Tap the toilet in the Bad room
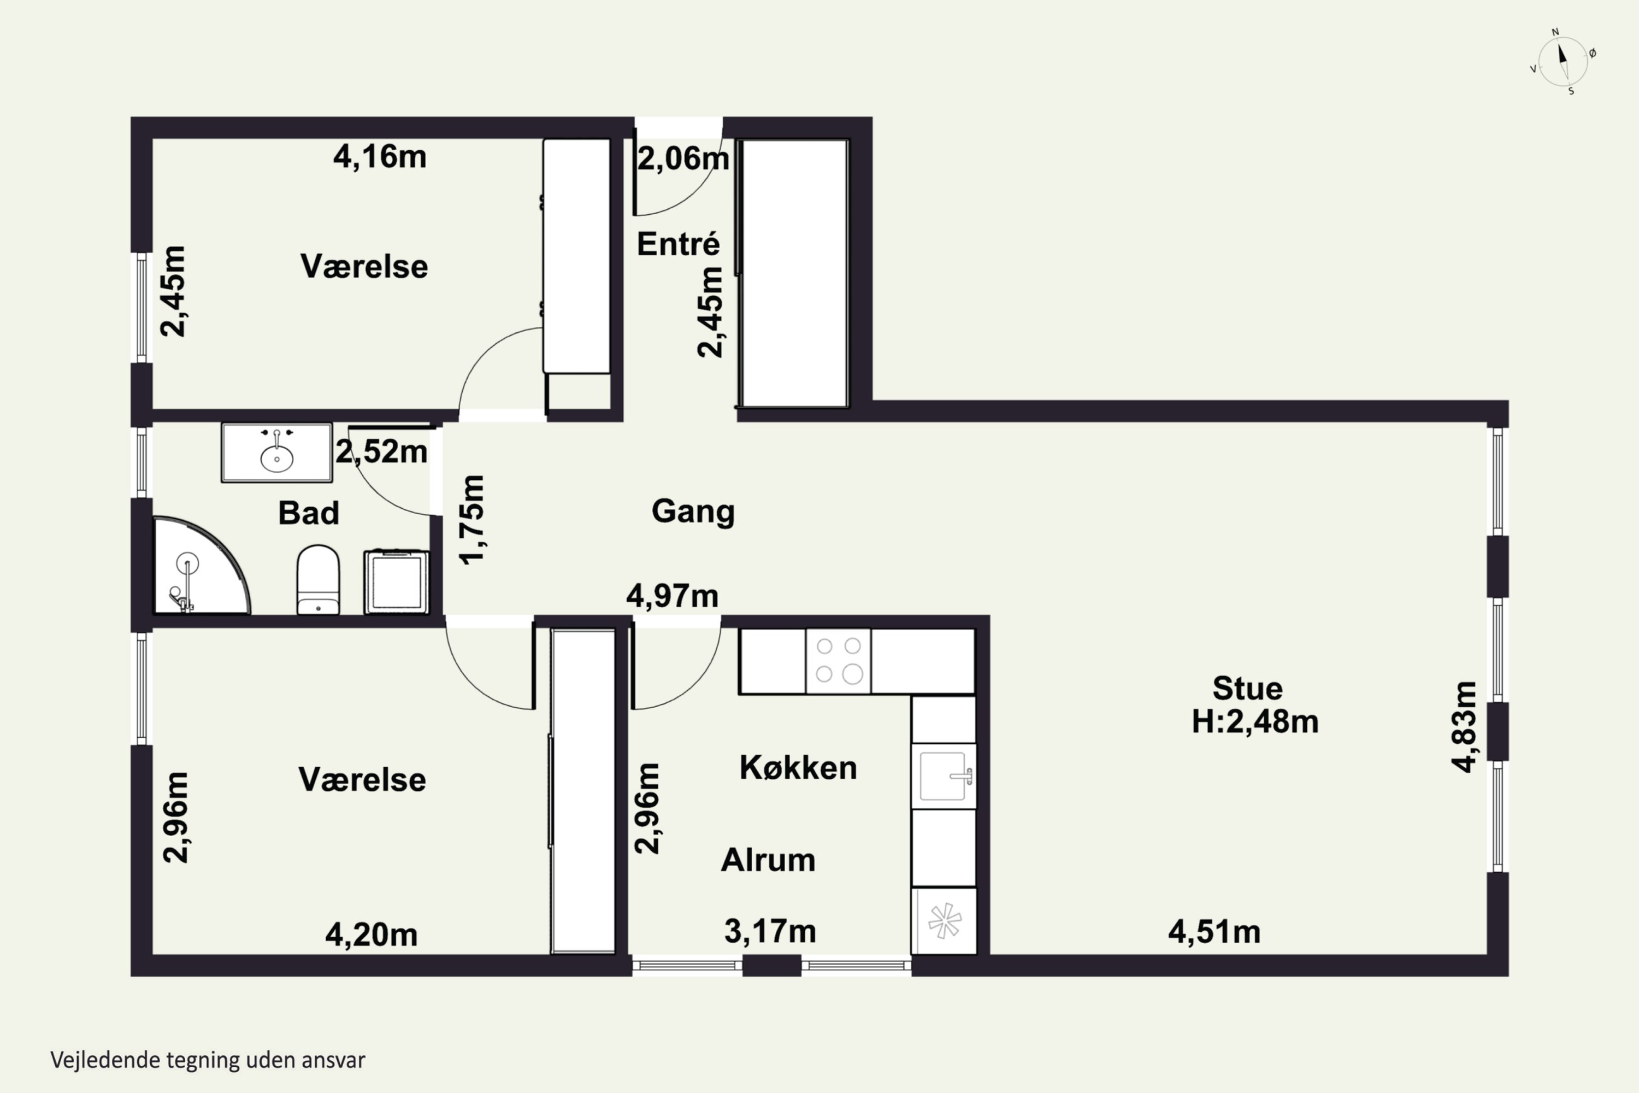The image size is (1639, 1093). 319,580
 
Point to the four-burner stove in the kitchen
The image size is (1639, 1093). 838,661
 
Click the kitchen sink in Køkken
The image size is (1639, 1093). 944,776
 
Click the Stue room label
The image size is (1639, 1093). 1247,689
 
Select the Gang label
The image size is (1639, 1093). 693,512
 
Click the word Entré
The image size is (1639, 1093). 678,243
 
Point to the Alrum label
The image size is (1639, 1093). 768,860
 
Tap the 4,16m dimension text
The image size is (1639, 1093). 380,157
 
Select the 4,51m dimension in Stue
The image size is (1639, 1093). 1214,932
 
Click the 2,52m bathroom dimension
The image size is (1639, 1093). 381,452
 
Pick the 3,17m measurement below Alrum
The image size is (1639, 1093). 770,931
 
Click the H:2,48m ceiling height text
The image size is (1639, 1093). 1255,721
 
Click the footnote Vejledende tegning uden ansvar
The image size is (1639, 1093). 208,1060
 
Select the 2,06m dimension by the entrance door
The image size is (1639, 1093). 683,159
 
